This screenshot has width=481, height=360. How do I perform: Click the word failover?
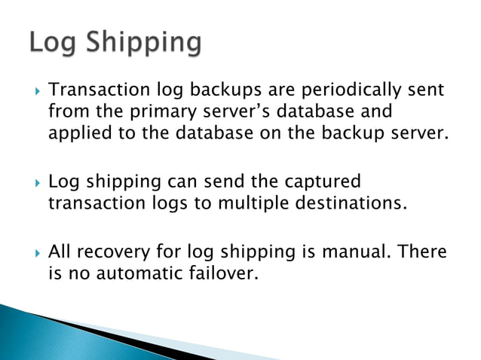pos(224,273)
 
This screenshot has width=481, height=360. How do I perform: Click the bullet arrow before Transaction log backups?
pos(33,92)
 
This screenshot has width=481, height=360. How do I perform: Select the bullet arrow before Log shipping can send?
pos(33,183)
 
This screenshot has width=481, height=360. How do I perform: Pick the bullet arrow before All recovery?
pos(33,252)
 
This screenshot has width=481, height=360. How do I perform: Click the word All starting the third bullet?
pos(60,252)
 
